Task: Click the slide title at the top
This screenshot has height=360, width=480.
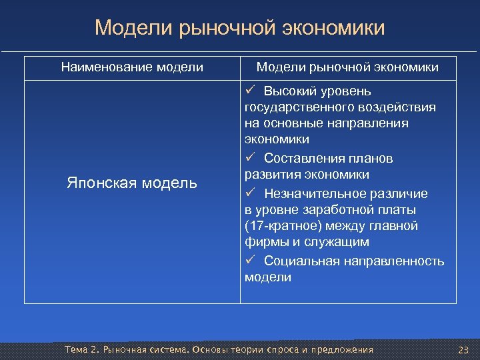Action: (239, 28)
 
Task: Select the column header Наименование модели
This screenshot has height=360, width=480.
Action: (132, 67)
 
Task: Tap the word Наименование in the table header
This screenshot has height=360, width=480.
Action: (107, 67)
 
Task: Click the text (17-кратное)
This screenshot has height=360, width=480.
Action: (280, 227)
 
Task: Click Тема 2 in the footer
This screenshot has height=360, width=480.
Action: (77, 350)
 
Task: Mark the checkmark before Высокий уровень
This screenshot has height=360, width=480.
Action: (251, 90)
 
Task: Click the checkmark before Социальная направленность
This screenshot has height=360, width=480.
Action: (251, 260)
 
